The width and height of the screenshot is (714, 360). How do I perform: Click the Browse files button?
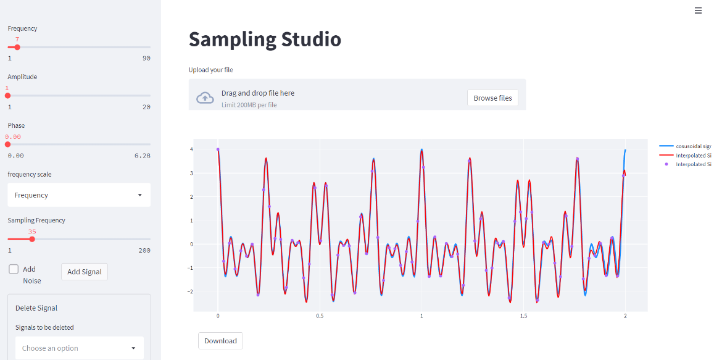492,98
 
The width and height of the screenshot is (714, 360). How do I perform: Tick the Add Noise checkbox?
14,269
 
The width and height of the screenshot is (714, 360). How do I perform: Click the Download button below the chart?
220,341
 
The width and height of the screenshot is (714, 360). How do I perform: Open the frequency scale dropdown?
79,195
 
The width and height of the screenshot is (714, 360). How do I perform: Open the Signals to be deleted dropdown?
79,348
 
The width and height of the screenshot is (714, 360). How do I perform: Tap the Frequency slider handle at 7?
17,47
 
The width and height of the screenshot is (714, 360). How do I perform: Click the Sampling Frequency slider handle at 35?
32,239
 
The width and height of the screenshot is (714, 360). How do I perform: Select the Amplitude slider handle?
7,95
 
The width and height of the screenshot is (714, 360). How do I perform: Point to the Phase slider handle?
7,144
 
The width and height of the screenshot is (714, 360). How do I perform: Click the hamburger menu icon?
698,10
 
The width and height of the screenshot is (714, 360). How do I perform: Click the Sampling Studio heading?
265,40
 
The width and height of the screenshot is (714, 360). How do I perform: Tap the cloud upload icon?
205,98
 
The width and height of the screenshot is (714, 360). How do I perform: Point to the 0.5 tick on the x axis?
320,316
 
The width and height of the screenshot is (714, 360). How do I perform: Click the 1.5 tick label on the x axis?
523,316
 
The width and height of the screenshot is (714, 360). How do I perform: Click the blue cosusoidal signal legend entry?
685,146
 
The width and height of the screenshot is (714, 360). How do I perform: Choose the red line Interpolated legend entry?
685,156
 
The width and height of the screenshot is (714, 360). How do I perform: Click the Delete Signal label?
36,308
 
